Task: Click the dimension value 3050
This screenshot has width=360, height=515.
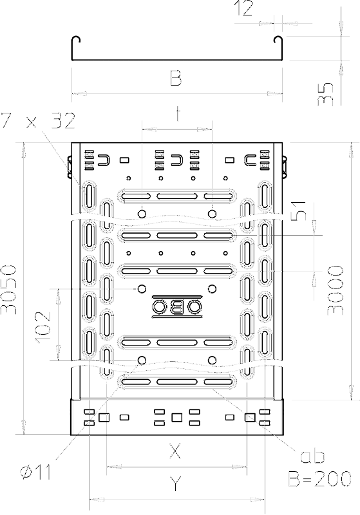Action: point(9,288)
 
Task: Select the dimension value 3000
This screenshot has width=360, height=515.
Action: point(336,290)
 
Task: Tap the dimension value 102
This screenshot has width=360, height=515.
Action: point(43,328)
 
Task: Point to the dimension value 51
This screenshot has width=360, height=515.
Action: point(298,211)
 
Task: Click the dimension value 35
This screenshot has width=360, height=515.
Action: point(325,94)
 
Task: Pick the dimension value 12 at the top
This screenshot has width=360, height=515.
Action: point(243,8)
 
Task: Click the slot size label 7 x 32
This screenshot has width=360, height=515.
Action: point(38,120)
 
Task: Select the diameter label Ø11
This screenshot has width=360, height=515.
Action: point(36,473)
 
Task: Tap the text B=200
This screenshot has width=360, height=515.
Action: point(320,478)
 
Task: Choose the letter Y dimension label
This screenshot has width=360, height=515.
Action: point(176,484)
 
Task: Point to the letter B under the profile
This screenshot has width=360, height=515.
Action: point(176,78)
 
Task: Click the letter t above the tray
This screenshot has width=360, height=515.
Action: point(178,114)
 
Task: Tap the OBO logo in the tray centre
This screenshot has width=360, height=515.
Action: point(176,307)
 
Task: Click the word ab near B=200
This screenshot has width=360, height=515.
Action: point(312,456)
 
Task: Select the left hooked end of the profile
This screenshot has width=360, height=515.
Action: point(75,39)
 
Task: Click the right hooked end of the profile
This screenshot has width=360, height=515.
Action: point(279,39)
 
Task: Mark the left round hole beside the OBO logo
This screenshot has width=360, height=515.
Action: point(142,288)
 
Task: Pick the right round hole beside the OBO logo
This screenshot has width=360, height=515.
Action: point(212,288)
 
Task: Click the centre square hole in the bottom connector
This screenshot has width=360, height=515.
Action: point(176,417)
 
